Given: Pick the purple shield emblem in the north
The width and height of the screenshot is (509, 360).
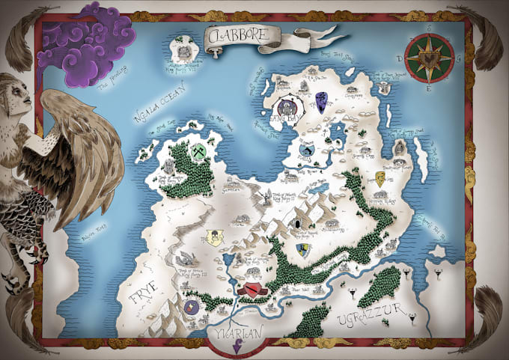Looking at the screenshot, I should (322, 99).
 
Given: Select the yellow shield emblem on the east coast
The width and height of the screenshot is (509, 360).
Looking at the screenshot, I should (380, 179).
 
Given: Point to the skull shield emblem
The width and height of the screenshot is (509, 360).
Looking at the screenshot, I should (215, 238).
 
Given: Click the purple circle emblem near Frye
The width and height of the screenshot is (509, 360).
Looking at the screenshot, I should (190, 307).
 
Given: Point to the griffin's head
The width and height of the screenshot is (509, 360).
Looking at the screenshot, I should (16, 94).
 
